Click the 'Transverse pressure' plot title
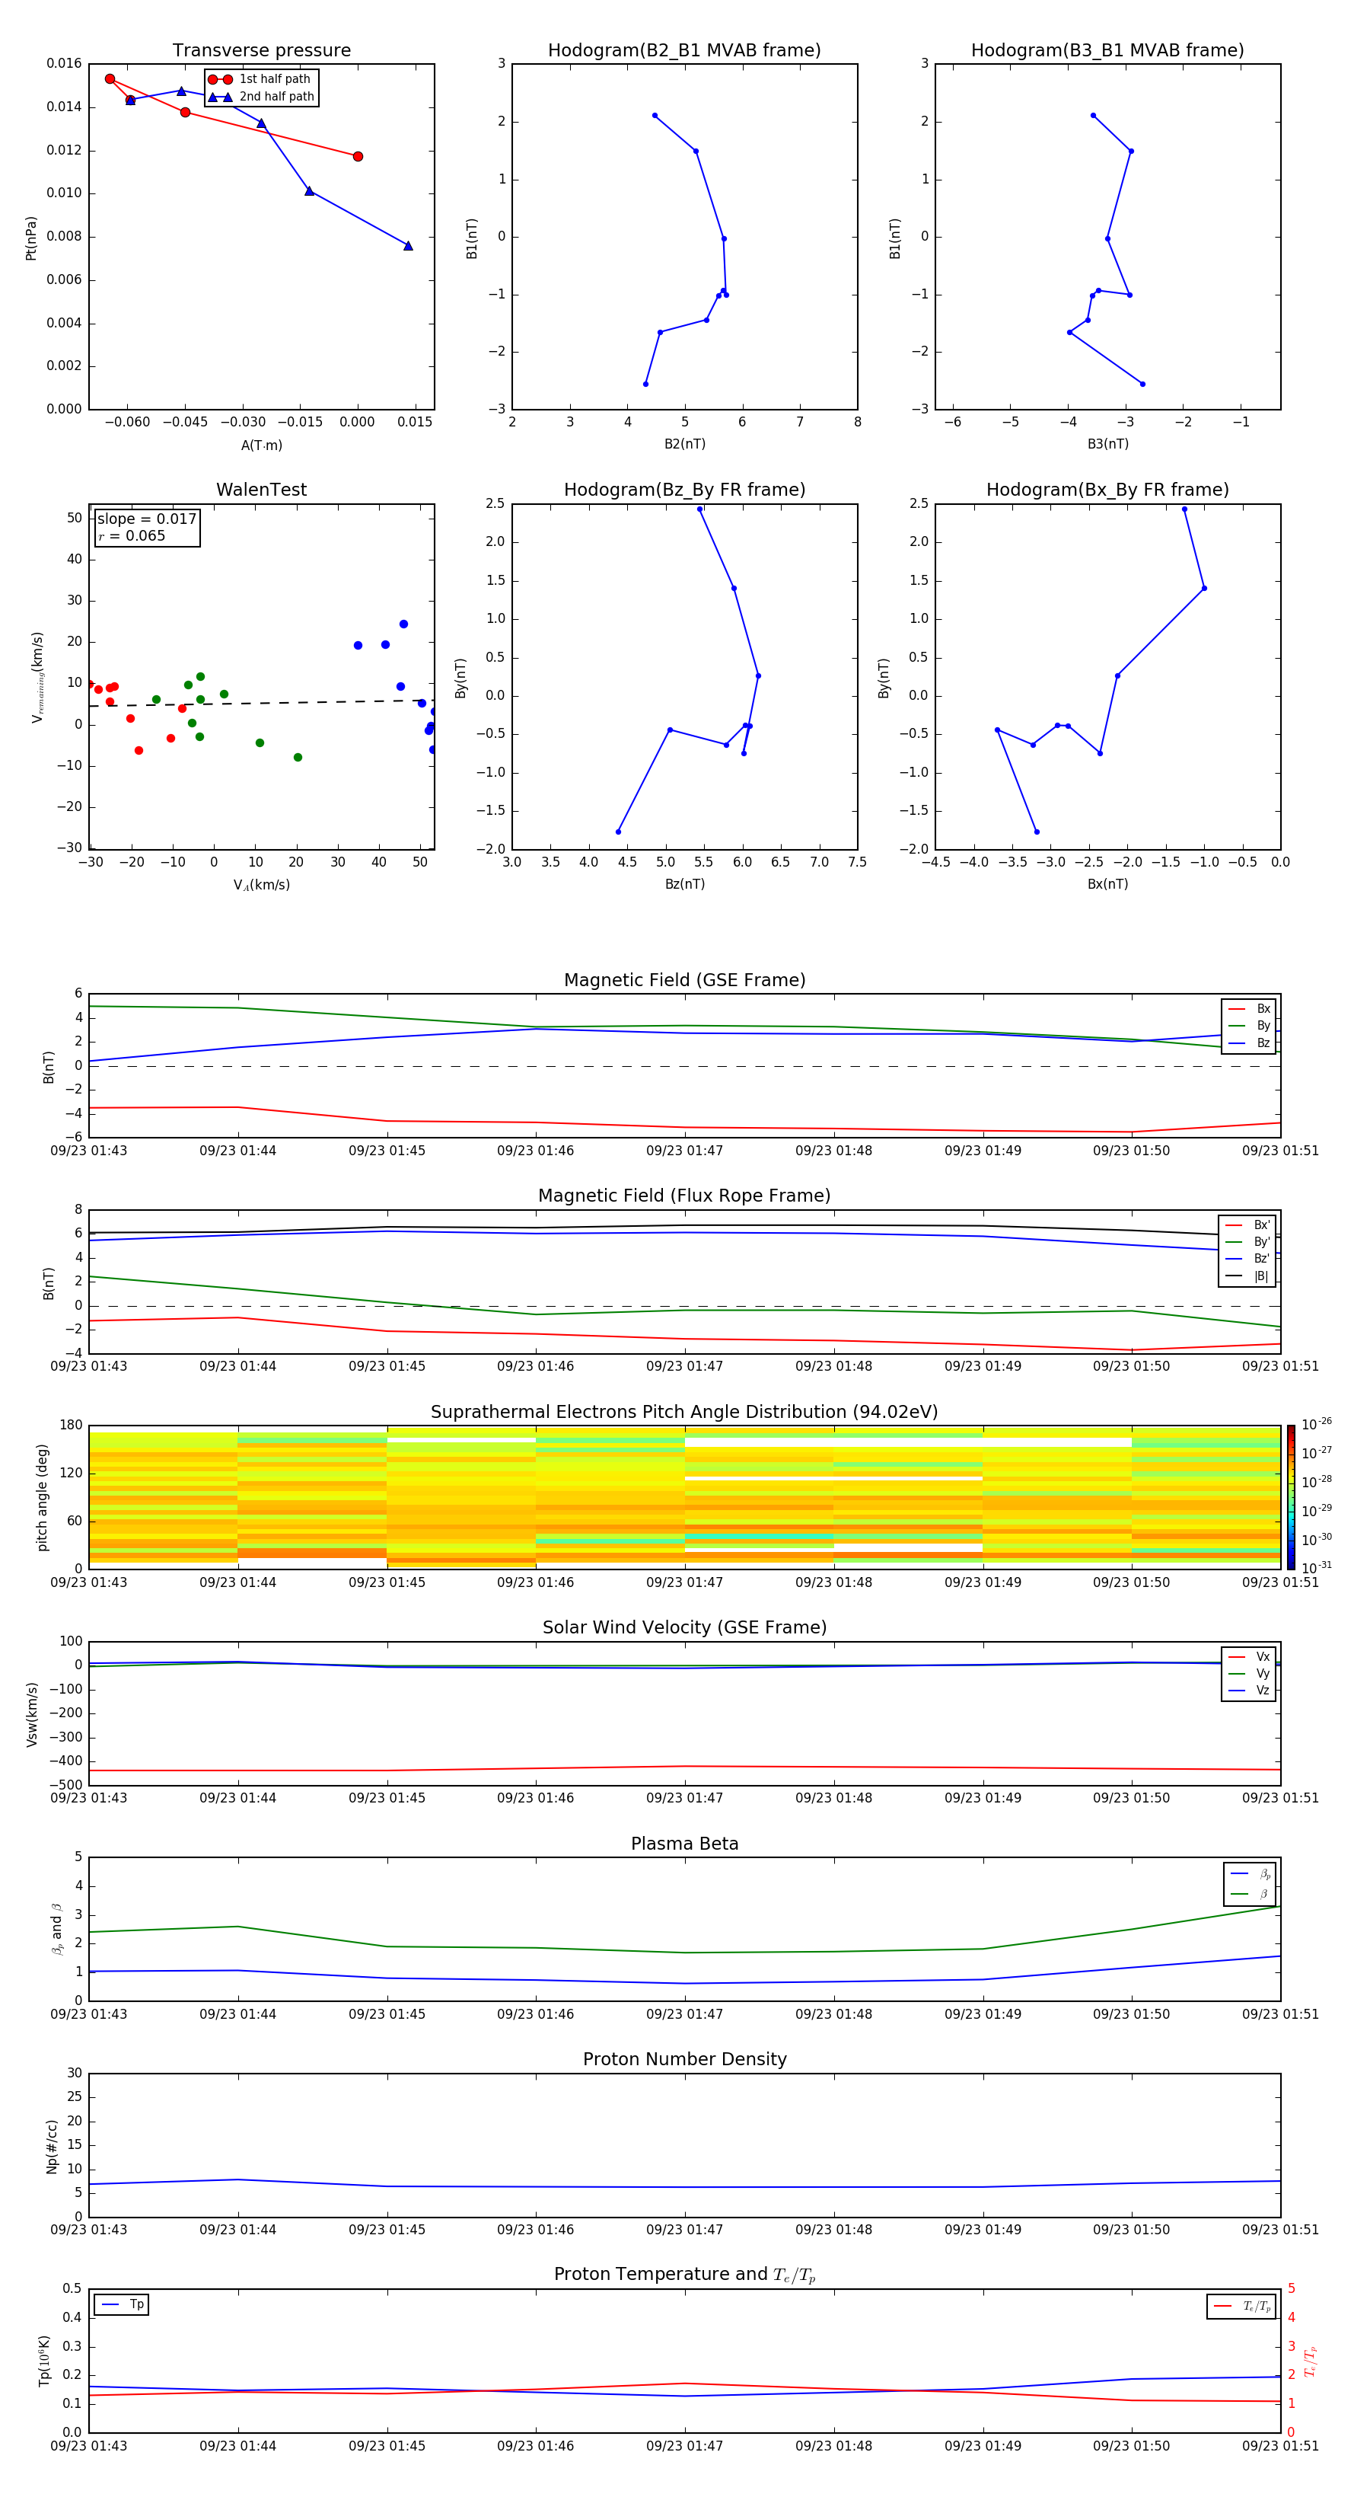tap(261, 51)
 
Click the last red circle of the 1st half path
tap(358, 156)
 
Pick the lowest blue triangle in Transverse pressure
tap(408, 246)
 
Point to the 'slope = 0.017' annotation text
tap(146, 519)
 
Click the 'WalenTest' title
tap(261, 490)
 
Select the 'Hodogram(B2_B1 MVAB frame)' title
tap(683, 51)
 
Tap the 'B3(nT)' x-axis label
tap(1107, 444)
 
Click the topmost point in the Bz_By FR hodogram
tap(699, 509)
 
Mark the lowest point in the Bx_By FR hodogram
tap(1037, 832)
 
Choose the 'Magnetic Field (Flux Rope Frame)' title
tap(683, 1196)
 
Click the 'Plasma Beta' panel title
tap(683, 1844)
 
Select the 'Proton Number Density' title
tap(683, 2059)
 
